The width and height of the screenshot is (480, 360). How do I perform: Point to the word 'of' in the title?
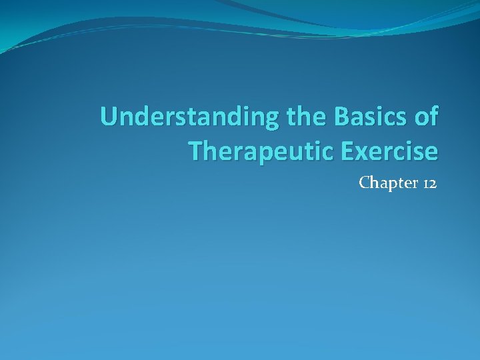[x=425, y=117]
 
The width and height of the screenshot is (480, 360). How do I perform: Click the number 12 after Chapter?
[x=429, y=182]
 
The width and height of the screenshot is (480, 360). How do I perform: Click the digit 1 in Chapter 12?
[x=425, y=183]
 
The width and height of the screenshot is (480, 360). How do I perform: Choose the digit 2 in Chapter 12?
[x=433, y=183]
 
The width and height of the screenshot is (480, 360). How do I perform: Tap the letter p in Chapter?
[x=389, y=184]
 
